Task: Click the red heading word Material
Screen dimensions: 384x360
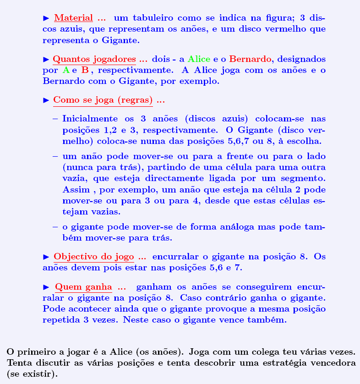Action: tap(73, 19)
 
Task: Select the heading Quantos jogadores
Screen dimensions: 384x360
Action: tap(94, 60)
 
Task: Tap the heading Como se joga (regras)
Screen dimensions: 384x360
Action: tap(103, 100)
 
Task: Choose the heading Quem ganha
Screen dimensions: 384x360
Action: tap(83, 288)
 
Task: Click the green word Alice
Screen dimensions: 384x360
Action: tap(199, 60)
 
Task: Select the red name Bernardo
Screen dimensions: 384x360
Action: tap(250, 60)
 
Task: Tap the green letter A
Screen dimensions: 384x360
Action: tap(66, 71)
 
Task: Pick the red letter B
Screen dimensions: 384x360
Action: tap(85, 71)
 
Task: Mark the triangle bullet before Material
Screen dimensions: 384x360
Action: tap(46, 19)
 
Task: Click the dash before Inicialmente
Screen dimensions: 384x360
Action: tap(55, 119)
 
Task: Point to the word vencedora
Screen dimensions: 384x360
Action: tap(334, 363)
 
